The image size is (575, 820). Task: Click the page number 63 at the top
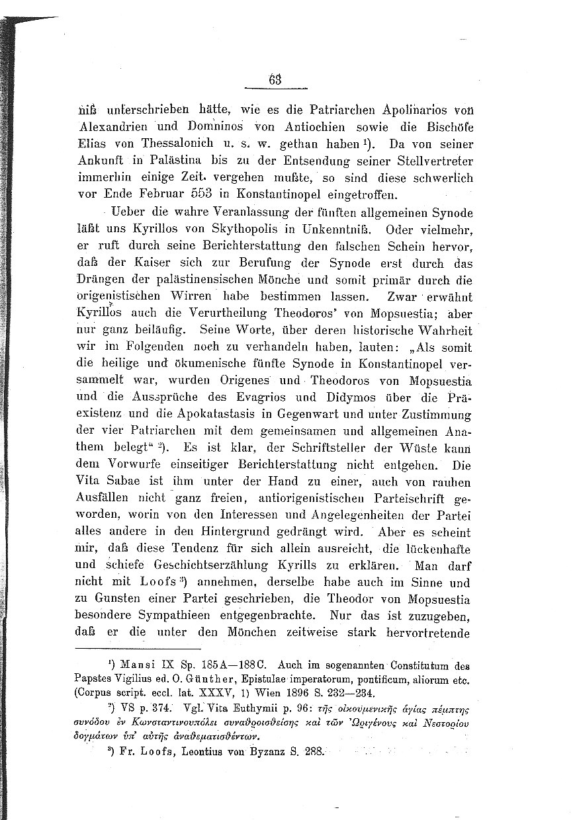click(x=275, y=79)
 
